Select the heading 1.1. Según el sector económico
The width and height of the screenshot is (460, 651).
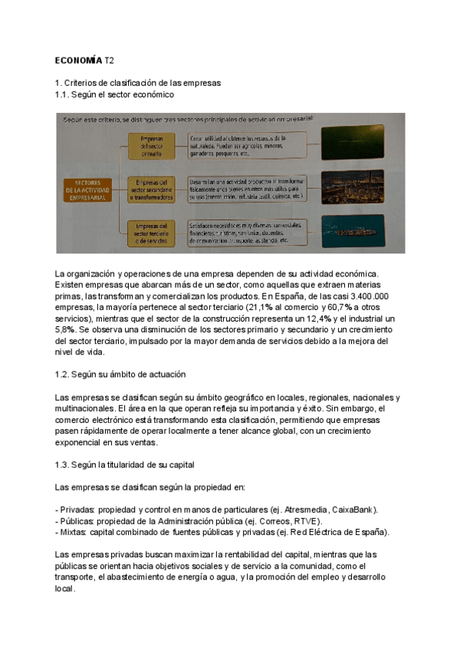[114, 94]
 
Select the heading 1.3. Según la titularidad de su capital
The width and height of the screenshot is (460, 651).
[125, 464]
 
